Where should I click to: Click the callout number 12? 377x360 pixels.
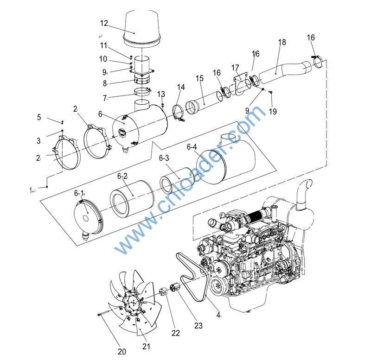[x=104, y=23]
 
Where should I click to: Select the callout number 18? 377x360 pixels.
[x=282, y=42]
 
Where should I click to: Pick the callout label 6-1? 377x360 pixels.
[x=79, y=193]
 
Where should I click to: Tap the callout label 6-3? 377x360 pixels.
[x=164, y=158]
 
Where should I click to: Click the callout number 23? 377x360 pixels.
[x=198, y=326]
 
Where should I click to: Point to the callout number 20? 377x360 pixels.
[x=122, y=351]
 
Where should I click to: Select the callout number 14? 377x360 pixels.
[x=181, y=87]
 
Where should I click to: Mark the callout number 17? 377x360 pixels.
[x=235, y=68]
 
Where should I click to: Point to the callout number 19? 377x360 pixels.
[x=273, y=111]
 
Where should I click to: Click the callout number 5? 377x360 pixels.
[x=39, y=117]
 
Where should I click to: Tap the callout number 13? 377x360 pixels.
[x=161, y=94]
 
